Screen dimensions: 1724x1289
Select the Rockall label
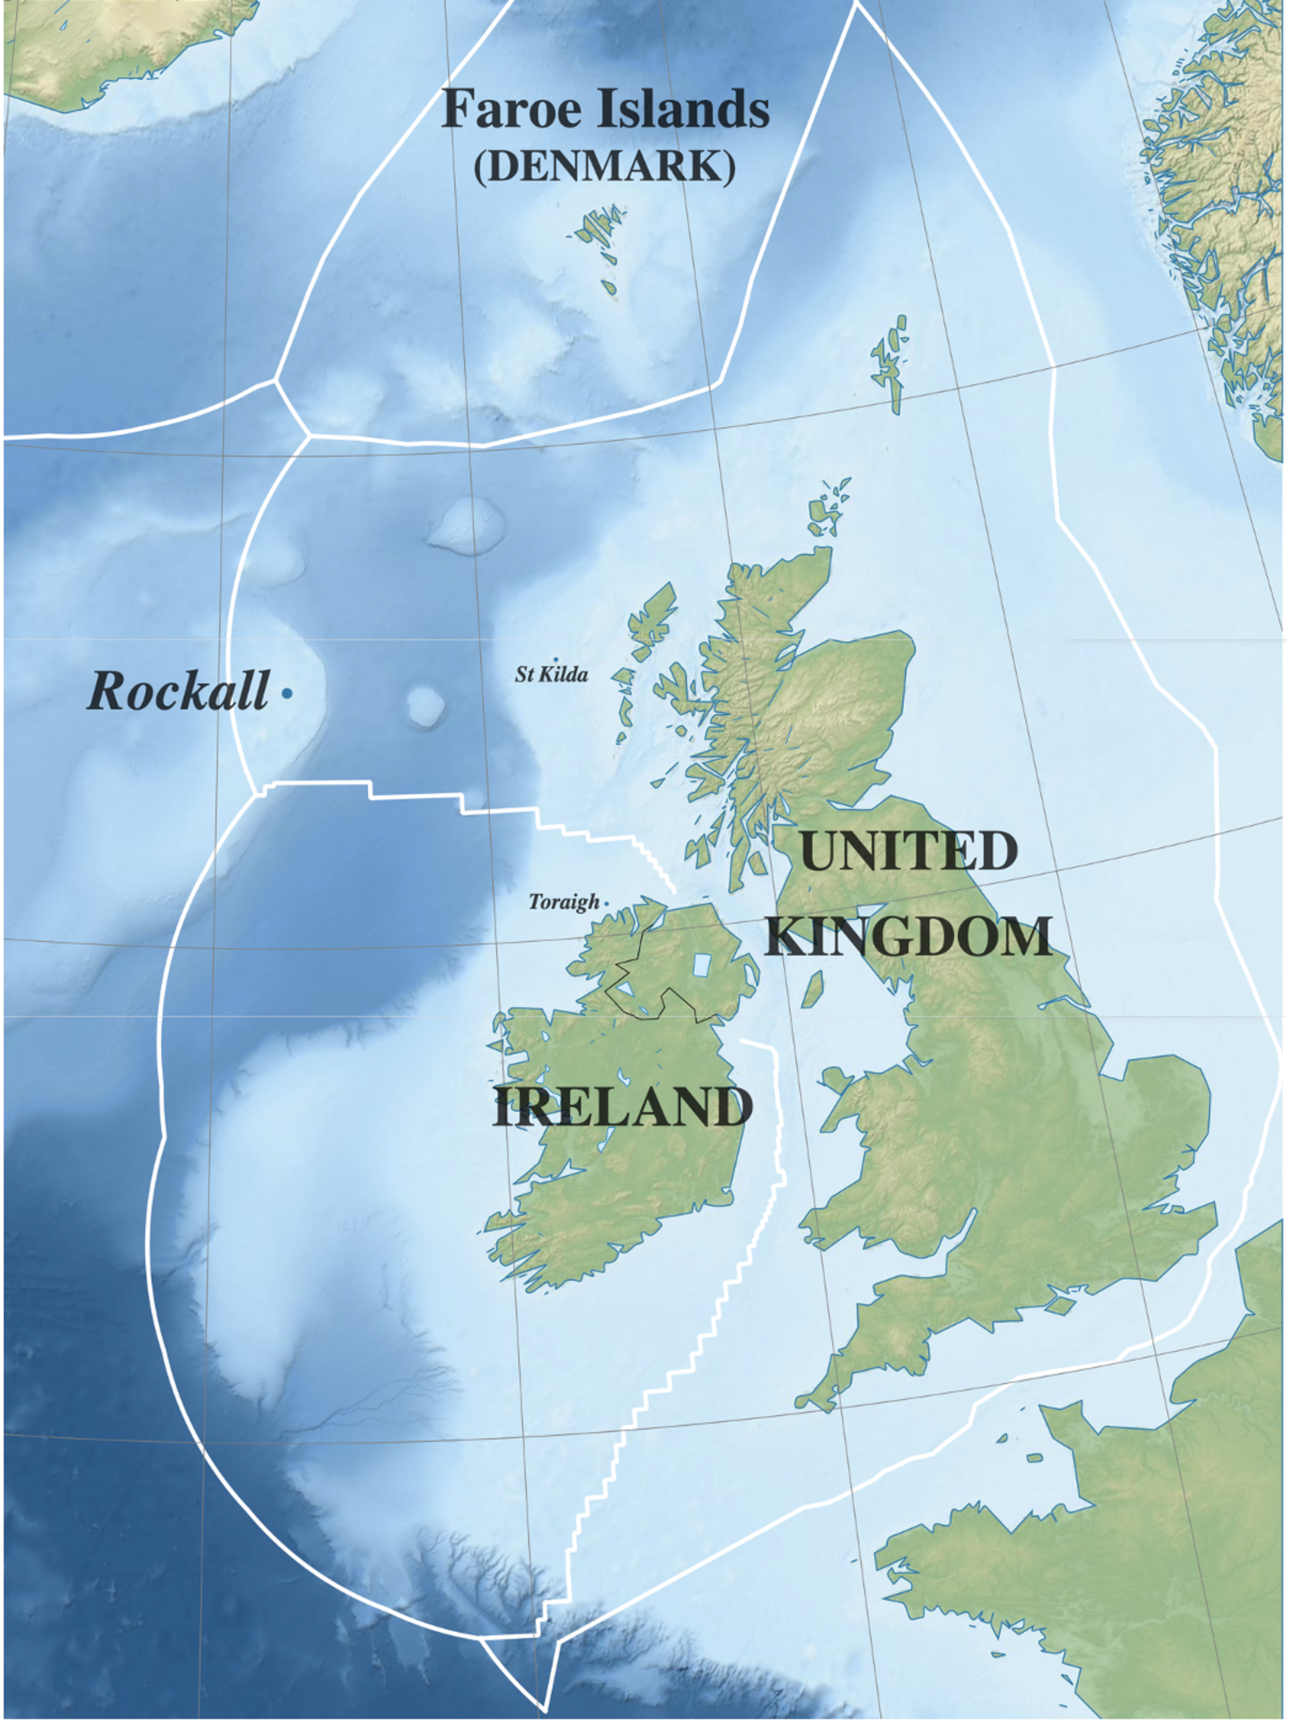[x=179, y=690]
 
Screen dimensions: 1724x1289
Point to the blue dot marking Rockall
[x=287, y=692]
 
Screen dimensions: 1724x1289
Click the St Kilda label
[x=551, y=674]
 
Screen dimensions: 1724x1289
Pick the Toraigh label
[x=564, y=902]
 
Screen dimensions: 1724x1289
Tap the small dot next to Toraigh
[x=607, y=903]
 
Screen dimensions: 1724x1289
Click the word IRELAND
[x=622, y=1107]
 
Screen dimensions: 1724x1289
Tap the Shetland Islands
[x=891, y=363]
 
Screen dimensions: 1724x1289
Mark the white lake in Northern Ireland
[x=702, y=966]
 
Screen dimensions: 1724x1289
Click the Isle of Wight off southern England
[x=1061, y=1302]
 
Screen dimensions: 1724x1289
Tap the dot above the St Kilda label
[x=556, y=660]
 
